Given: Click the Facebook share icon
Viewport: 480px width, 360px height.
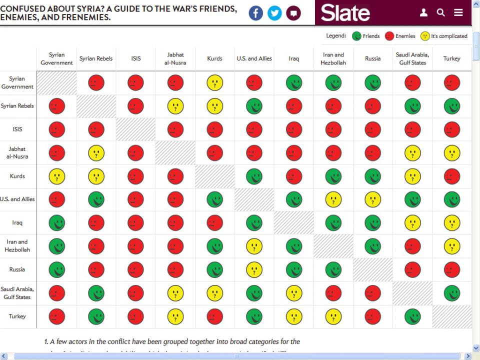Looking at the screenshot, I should (x=255, y=13).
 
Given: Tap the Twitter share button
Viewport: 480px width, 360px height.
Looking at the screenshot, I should (x=274, y=13).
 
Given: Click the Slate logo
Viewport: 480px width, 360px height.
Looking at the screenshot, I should (x=345, y=13).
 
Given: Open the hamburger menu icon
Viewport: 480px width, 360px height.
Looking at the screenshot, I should (x=458, y=13).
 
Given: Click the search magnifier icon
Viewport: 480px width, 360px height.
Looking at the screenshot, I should (x=440, y=13).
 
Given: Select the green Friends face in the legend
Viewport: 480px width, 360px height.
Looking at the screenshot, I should (x=357, y=36).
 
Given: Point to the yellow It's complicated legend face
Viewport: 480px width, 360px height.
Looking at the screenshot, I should (x=424, y=36).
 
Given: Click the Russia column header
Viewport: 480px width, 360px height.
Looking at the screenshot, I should (x=372, y=58).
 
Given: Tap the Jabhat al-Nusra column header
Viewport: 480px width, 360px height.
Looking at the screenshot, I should (x=175, y=58).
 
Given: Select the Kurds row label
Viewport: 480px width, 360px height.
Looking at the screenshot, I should (x=17, y=176).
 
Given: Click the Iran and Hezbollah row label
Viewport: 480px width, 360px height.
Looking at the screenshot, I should (x=17, y=245).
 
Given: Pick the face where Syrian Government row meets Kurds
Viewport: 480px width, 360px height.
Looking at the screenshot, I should (x=215, y=82).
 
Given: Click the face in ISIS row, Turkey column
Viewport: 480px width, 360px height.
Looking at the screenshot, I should (x=452, y=129).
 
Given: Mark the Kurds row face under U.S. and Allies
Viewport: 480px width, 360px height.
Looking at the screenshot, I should (x=254, y=176).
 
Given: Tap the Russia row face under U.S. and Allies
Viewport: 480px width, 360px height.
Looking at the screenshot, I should (x=254, y=269).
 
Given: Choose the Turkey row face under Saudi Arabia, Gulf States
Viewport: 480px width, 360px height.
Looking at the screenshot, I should (x=412, y=316).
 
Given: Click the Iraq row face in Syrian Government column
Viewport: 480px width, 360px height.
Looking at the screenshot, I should (x=57, y=223).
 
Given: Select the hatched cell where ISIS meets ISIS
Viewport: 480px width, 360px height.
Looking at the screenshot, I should (x=136, y=129).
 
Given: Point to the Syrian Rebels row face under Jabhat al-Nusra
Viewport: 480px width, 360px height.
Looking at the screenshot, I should (x=175, y=106).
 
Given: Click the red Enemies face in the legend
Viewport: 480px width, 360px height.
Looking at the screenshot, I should (x=389, y=36).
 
